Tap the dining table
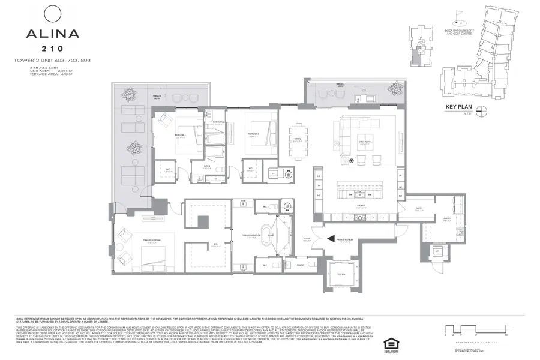click(x=299, y=142)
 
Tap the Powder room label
click(x=301, y=263)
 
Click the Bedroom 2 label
click(x=254, y=134)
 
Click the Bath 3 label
click(x=206, y=166)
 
